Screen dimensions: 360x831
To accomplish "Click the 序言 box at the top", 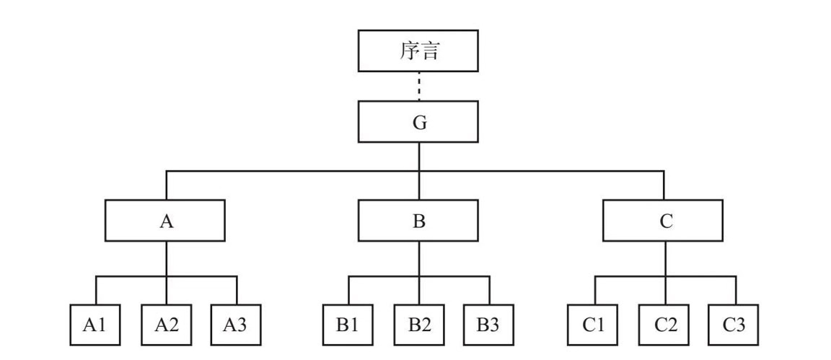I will coord(418,51).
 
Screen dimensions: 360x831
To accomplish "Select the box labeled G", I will coord(418,121).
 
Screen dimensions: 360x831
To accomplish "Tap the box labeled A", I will coord(166,220).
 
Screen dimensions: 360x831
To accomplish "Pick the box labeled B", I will coord(418,220).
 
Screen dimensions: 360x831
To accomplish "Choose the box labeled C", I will coord(664,220).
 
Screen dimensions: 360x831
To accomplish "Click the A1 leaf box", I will coord(95,325).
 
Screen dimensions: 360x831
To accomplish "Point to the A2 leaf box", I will coord(166,325).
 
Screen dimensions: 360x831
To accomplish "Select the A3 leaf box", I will coord(237,325).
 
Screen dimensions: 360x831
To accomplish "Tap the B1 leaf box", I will coord(348,325).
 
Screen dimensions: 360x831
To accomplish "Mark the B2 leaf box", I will coord(418,325).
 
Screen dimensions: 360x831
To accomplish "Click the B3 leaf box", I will coord(488,325).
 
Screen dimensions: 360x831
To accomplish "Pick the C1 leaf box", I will coord(594,325).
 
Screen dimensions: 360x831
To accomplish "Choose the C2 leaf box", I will coord(665,325).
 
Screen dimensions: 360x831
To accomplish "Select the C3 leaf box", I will coord(734,325).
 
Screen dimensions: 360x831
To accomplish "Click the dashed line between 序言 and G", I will coord(418,86).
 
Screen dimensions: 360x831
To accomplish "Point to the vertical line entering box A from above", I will coord(166,185).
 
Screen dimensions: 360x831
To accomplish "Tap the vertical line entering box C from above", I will coord(664,185).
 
